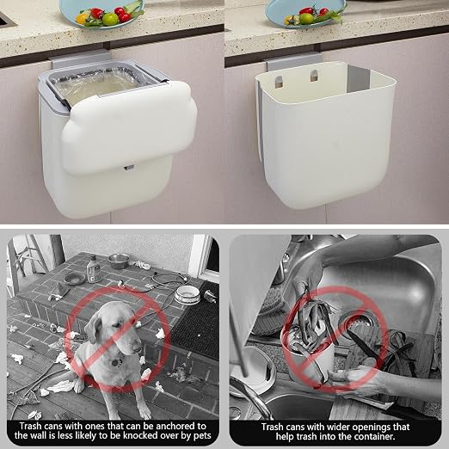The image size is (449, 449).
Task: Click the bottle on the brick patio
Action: click(x=93, y=268)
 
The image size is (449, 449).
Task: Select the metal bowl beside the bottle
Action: click(x=119, y=261)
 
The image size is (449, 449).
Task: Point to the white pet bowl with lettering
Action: click(x=188, y=294)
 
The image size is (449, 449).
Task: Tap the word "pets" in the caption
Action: click(x=200, y=436)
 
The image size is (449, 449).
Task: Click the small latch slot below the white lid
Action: click(x=129, y=168)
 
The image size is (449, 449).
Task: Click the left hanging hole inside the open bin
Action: click(x=279, y=82)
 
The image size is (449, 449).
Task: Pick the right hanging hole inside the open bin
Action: click(x=314, y=76)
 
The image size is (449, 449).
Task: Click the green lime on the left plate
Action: click(x=110, y=19)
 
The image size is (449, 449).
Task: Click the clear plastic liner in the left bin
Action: click(x=96, y=84)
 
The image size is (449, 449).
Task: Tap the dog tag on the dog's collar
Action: click(x=116, y=363)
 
